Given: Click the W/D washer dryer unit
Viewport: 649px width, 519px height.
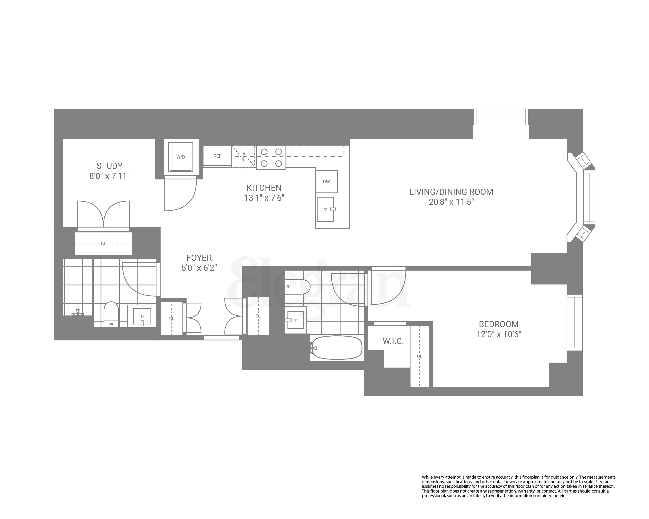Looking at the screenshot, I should pyautogui.click(x=181, y=157).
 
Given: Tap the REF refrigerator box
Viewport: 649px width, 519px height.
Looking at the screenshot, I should pyautogui.click(x=217, y=156).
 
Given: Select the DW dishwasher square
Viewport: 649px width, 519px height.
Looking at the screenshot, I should pyautogui.click(x=326, y=182).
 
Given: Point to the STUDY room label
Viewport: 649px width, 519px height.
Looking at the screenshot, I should pyautogui.click(x=109, y=166).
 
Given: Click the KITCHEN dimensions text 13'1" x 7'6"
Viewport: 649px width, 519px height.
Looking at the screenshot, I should pyautogui.click(x=264, y=198).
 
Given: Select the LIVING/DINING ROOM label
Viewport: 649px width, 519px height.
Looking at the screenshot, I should pyautogui.click(x=451, y=192).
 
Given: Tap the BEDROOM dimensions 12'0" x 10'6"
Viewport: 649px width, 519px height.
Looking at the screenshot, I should pyautogui.click(x=499, y=334).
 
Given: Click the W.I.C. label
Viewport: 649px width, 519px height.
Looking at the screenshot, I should pyautogui.click(x=393, y=341).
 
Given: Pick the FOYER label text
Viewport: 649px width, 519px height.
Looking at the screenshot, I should pyautogui.click(x=199, y=258).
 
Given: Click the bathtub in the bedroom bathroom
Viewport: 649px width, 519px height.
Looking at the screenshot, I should pyautogui.click(x=337, y=348).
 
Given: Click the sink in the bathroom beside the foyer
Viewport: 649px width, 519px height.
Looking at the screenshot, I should pyautogui.click(x=142, y=316).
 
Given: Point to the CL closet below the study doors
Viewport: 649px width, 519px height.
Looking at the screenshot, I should pyautogui.click(x=103, y=244).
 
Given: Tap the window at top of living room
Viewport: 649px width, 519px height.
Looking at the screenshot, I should pyautogui.click(x=501, y=117).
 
